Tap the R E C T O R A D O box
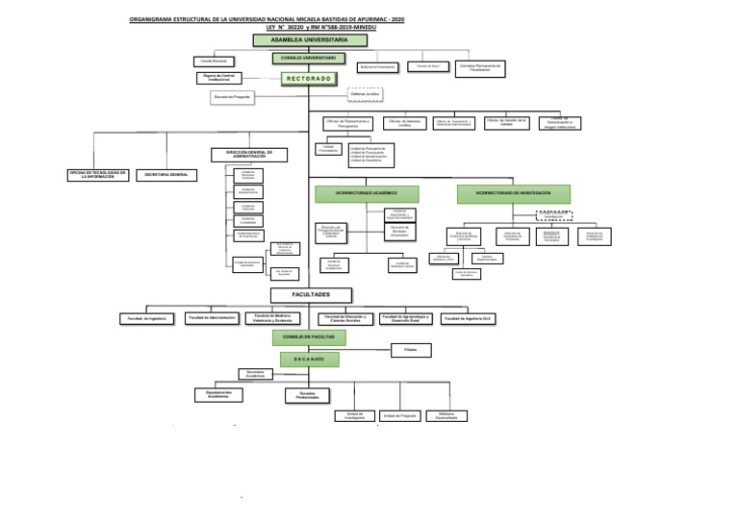click(309, 79)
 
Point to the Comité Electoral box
click(213, 61)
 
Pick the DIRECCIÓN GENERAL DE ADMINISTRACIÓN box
click(249, 154)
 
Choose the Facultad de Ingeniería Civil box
click(471, 317)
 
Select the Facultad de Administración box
click(212, 317)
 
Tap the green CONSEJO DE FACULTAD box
click(309, 337)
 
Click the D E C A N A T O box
click(309, 359)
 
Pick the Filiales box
click(411, 351)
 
